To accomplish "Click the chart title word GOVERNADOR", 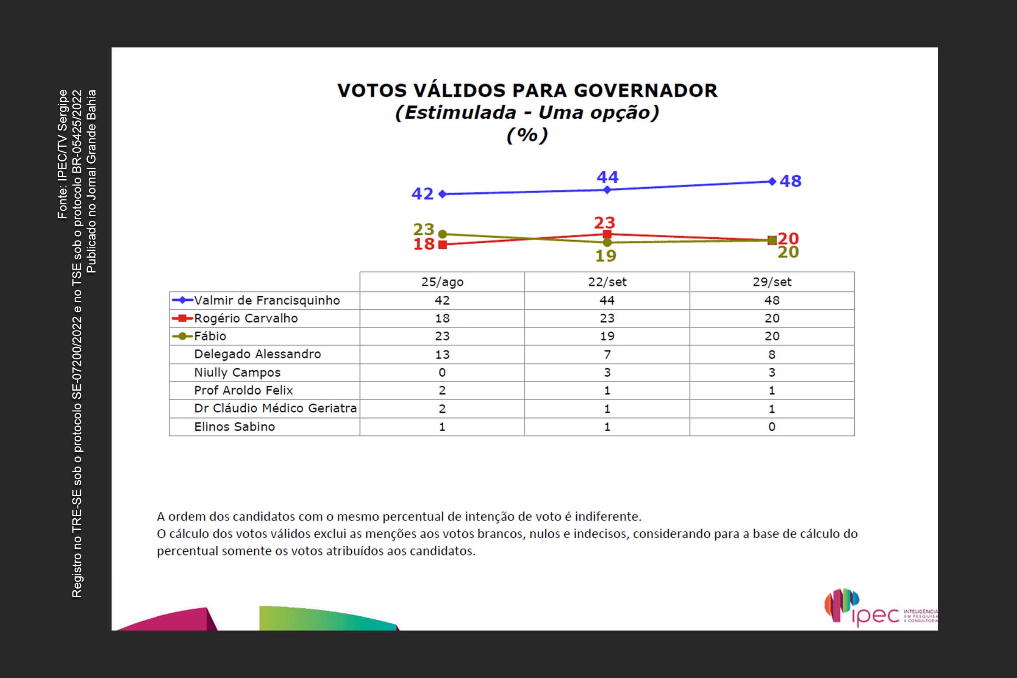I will (x=645, y=90).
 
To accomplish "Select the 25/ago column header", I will (x=442, y=282).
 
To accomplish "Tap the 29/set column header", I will (x=772, y=282).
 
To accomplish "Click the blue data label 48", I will (x=790, y=181).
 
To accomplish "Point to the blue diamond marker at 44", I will (x=607, y=189).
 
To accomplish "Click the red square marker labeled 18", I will (x=442, y=245).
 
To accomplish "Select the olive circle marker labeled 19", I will (x=607, y=242).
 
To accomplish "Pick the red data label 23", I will (x=604, y=223).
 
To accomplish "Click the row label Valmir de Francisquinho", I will (x=267, y=300).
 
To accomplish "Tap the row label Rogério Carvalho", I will (x=246, y=318).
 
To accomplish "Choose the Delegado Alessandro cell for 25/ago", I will (x=442, y=355).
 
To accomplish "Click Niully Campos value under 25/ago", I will (x=442, y=372).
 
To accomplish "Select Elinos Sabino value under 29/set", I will (x=772, y=427).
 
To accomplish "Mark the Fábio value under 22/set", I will (x=607, y=336).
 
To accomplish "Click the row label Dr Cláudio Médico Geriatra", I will (x=275, y=408).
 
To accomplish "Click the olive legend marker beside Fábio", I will (x=183, y=336).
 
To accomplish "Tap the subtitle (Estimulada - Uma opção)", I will (x=527, y=112).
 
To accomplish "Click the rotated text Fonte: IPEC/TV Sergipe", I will (x=63, y=154).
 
